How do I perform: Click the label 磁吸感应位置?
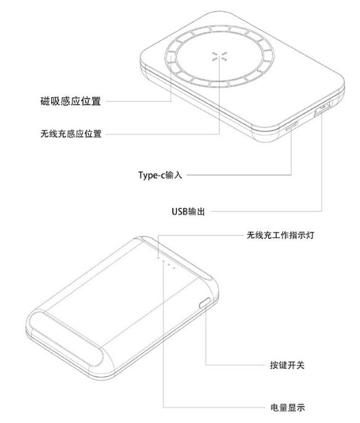point(71,101)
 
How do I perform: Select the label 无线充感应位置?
point(71,134)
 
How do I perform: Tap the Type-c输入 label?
point(160,175)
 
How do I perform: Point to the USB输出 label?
point(188,212)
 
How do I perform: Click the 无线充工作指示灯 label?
point(280,235)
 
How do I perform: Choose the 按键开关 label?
point(287,365)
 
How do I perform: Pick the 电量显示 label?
point(287,408)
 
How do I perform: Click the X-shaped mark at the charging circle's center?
point(219,56)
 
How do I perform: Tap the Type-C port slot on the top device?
point(292,126)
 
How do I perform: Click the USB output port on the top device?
point(322,109)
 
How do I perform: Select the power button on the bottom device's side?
point(205,303)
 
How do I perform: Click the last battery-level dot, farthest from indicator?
point(174,268)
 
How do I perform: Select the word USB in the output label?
point(179,212)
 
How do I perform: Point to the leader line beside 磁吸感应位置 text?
point(139,101)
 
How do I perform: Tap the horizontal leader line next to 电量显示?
point(215,408)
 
